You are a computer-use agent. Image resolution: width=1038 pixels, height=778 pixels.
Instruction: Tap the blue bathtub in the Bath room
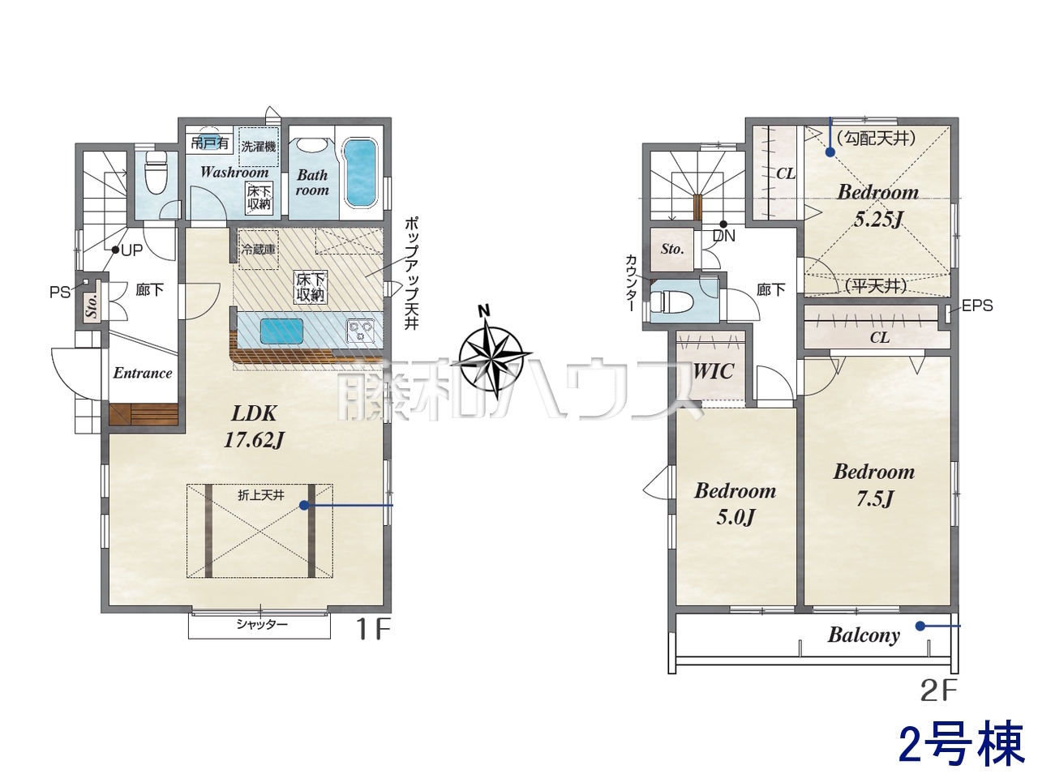pyautogui.click(x=360, y=173)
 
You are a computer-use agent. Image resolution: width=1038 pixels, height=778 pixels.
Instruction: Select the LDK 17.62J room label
pyautogui.click(x=254, y=427)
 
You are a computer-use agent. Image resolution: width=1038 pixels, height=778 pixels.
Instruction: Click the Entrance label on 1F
pyautogui.click(x=143, y=373)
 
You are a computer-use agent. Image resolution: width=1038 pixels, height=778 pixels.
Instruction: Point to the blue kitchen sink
pyautogui.click(x=282, y=331)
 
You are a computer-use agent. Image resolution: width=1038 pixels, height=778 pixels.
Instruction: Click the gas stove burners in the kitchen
pyautogui.click(x=361, y=330)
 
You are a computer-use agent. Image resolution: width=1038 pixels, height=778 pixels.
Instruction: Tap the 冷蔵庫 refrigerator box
pyautogui.click(x=259, y=249)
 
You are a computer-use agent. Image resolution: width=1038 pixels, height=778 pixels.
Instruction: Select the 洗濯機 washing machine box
pyautogui.click(x=259, y=147)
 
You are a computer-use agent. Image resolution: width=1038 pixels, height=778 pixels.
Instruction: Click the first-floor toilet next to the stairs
pyautogui.click(x=156, y=172)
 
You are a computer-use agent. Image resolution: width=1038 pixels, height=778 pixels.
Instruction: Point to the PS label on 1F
pyautogui.click(x=60, y=293)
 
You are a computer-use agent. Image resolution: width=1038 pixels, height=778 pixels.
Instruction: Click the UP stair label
pyautogui.click(x=131, y=250)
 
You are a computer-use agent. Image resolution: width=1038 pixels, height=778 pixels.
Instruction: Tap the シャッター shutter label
pyautogui.click(x=262, y=625)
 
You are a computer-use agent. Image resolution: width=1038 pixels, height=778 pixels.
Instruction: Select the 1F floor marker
pyautogui.click(x=373, y=630)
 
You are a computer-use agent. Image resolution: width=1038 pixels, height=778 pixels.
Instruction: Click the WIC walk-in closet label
pyautogui.click(x=714, y=371)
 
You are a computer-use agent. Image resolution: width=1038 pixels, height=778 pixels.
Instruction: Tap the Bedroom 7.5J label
pyautogui.click(x=874, y=485)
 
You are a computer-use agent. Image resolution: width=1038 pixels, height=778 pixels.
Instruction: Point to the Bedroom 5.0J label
pyautogui.click(x=736, y=504)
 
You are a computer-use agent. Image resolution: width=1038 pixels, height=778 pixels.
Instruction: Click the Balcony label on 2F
pyautogui.click(x=864, y=635)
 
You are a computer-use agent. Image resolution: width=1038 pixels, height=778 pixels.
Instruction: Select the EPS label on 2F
pyautogui.click(x=977, y=306)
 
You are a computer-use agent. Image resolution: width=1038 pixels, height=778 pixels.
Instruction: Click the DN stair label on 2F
pyautogui.click(x=723, y=235)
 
